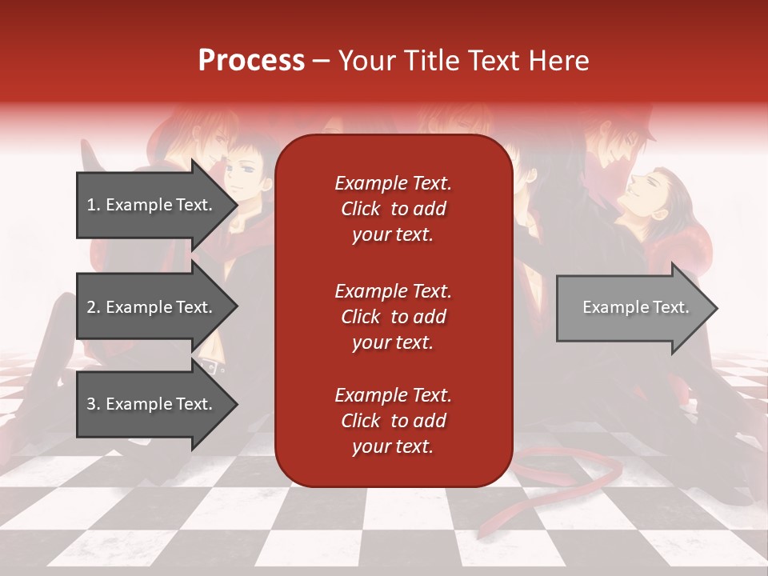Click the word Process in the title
tap(251, 61)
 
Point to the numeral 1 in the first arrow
tap(91, 205)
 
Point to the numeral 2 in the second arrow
tap(91, 307)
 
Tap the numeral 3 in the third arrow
tap(91, 404)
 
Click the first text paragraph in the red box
tap(393, 209)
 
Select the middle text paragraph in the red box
tap(393, 317)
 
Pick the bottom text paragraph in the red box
tap(393, 421)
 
